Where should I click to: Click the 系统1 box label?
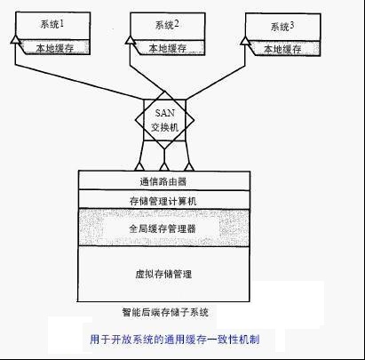[52, 24]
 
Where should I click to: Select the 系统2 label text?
[167, 25]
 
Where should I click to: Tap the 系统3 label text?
[282, 27]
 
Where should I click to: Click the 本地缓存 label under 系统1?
[55, 48]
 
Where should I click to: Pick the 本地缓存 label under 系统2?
[167, 48]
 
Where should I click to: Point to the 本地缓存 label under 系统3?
[282, 49]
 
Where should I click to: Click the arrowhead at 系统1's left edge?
[15, 39]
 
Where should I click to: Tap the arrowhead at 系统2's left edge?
[130, 40]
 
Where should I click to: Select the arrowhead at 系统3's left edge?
[245, 41]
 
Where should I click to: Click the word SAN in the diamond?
[165, 113]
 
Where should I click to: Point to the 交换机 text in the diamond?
[165, 127]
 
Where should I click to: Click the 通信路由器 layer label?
[163, 181]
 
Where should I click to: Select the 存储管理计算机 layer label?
[163, 201]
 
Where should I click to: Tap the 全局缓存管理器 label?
[163, 228]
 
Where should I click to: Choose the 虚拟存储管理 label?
[163, 274]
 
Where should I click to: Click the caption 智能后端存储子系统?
[165, 312]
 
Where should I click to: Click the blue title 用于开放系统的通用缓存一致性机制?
[175, 339]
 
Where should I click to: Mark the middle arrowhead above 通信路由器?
[164, 167]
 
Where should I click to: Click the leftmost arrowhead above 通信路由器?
[139, 167]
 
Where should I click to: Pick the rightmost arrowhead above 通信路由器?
[189, 167]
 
